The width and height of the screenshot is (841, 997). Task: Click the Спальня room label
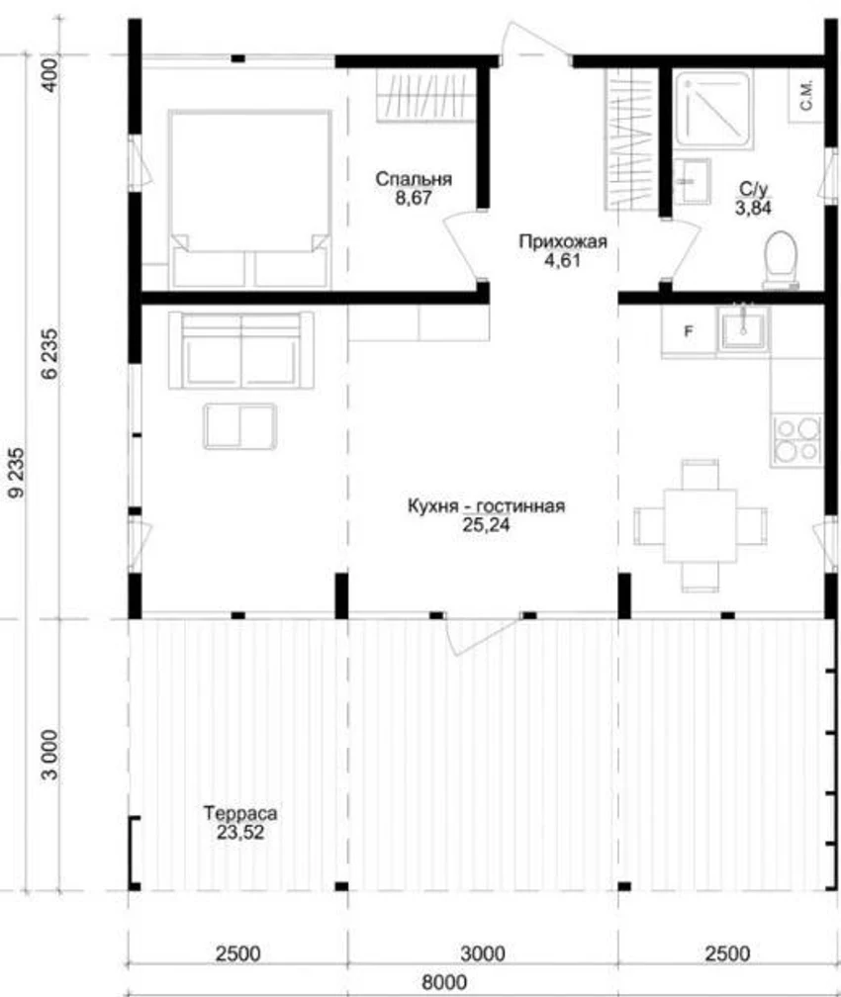pos(414,179)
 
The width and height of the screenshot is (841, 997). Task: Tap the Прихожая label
pos(562,241)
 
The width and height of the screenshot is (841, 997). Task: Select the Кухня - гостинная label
pos(486,506)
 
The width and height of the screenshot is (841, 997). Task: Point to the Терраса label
pos(239,813)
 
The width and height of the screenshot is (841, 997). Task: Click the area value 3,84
pos(753,208)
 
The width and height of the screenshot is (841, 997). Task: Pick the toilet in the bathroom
pos(781,258)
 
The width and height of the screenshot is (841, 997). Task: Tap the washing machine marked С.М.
pos(806,95)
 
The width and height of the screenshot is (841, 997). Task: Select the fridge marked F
pos(689,331)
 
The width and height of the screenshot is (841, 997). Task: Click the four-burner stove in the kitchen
pos(796,440)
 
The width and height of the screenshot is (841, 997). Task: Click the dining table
pos(700,525)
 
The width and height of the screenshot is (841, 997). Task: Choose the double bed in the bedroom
pos(249,199)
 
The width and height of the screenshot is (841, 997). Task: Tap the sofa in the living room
pos(241,350)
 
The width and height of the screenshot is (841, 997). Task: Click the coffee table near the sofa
pos(239,426)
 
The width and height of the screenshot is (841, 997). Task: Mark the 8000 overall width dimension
pos(444,982)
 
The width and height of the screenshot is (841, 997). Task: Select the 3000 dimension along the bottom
pos(482,953)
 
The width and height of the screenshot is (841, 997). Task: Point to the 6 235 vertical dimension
pos(49,353)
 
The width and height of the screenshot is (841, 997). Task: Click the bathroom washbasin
pos(693,181)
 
